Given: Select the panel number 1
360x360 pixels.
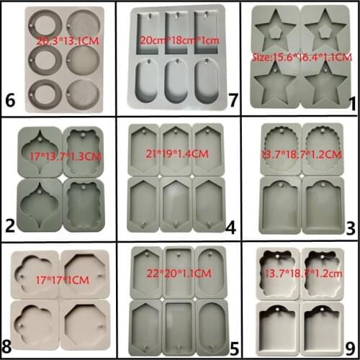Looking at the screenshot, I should [x=351, y=104].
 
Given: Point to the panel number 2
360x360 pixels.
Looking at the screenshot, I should [x=9, y=228].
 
